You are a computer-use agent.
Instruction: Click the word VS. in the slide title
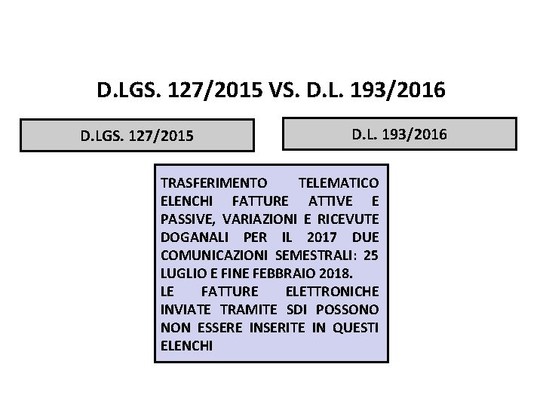pos(282,92)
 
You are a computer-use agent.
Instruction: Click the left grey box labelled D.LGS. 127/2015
pos(137,136)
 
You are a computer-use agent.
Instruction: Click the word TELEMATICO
pos(339,183)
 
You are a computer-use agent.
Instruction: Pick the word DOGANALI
pos(192,237)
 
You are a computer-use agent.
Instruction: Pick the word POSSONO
pos(350,310)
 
